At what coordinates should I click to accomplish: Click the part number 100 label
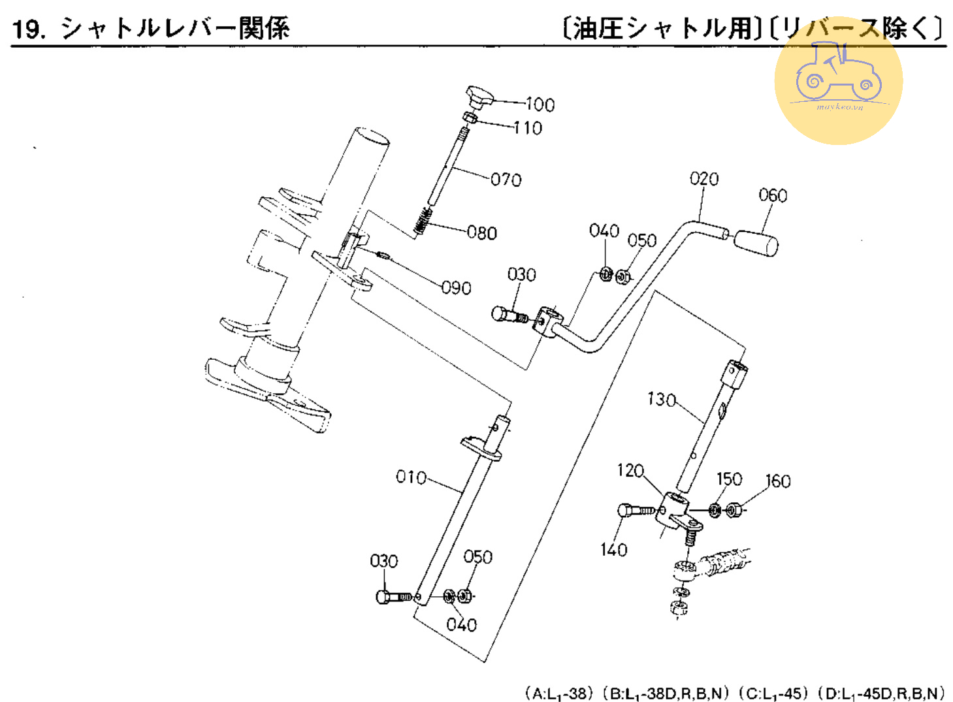pos(540,104)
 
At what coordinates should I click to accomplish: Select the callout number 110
pos(528,128)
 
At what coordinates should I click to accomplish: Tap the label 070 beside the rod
pos(506,180)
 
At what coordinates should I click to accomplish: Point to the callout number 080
pos(482,233)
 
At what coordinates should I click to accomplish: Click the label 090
pos(456,288)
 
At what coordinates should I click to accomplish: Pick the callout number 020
pos(704,179)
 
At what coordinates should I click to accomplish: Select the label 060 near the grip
pos(773,195)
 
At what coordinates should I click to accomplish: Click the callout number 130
pos(661,399)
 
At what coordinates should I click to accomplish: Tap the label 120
pos(630,471)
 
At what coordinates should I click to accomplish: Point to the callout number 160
pos(778,481)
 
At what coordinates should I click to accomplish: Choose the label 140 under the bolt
pos(613,550)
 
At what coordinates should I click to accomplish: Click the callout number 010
pos(411,477)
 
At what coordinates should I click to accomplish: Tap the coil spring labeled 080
pos(424,221)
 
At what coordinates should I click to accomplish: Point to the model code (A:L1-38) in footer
pos(559,694)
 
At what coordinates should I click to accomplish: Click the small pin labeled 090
pos(383,255)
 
